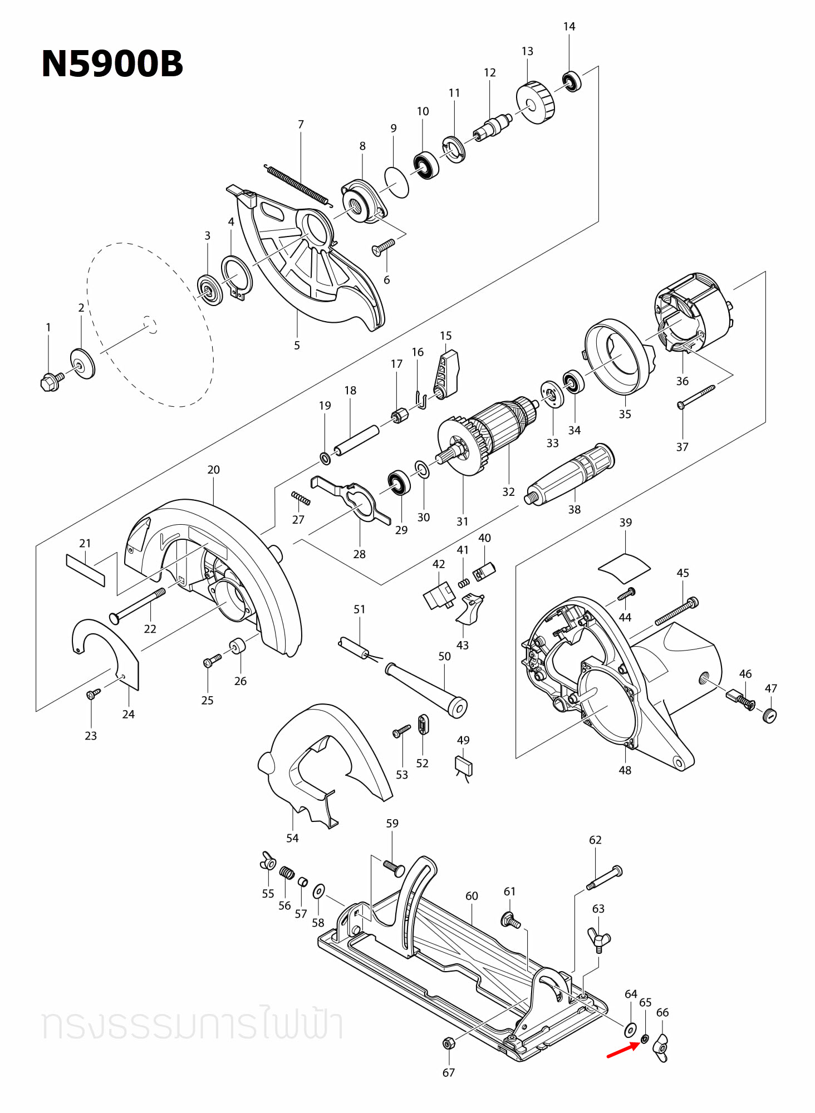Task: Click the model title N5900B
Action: pyautogui.click(x=112, y=64)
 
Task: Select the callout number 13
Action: pyautogui.click(x=527, y=51)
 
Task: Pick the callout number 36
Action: pyautogui.click(x=682, y=381)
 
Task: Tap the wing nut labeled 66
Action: pyautogui.click(x=661, y=1047)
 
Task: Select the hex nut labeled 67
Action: pyautogui.click(x=448, y=1043)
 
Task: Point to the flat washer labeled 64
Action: pyautogui.click(x=630, y=1030)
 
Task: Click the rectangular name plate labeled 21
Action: pyautogui.click(x=85, y=570)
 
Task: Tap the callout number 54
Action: pyautogui.click(x=292, y=838)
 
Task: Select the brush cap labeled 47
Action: pyautogui.click(x=769, y=715)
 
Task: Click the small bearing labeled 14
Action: pyautogui.click(x=571, y=82)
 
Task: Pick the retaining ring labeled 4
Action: pyautogui.click(x=237, y=275)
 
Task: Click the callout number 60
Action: pyautogui.click(x=472, y=896)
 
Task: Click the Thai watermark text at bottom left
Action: pyautogui.click(x=192, y=1026)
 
